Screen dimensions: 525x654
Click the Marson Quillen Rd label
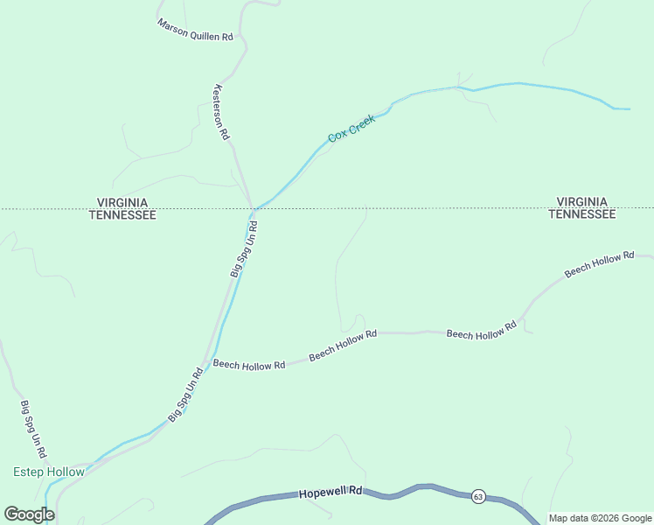[195, 31]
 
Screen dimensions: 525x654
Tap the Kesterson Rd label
[221, 112]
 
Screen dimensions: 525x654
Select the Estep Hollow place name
[49, 472]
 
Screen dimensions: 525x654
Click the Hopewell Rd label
[330, 493]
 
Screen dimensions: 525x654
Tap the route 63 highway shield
[477, 496]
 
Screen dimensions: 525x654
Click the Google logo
[30, 514]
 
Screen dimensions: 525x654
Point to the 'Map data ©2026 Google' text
[600, 518]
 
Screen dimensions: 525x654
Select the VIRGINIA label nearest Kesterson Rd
[122, 202]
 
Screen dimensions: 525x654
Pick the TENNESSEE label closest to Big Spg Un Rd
[122, 214]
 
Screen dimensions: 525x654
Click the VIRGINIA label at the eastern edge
[582, 202]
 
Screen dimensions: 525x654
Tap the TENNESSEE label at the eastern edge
[582, 214]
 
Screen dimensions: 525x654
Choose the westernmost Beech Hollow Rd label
[249, 365]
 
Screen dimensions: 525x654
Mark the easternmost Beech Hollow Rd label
[599, 263]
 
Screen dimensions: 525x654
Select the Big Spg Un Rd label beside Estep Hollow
[36, 432]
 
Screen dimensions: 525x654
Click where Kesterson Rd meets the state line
[252, 208]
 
